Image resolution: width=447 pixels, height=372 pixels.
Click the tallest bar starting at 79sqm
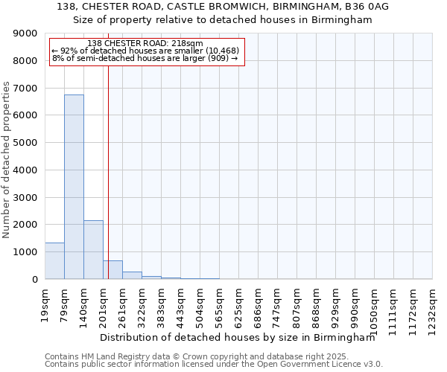[74, 187]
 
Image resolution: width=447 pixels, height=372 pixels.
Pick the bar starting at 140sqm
[93, 249]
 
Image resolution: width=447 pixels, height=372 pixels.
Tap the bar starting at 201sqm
[112, 269]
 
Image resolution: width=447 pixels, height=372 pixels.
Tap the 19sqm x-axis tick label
[45, 303]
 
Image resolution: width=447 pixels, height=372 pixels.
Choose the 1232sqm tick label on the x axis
[432, 307]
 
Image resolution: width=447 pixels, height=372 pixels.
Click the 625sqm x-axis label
[238, 305]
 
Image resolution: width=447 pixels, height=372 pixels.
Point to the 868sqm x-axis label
[316, 305]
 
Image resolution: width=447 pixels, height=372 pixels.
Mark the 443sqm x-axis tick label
[180, 305]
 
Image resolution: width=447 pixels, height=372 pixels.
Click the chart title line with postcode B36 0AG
[222, 7]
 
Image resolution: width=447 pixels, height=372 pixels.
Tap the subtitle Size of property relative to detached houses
[222, 20]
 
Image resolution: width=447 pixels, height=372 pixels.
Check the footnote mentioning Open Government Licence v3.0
[214, 365]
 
